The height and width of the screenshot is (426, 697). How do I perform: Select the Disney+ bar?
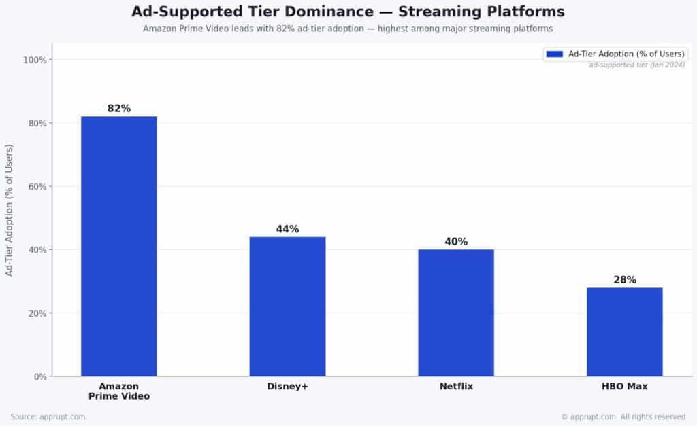pos(287,306)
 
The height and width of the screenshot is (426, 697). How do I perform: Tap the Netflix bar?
pos(456,313)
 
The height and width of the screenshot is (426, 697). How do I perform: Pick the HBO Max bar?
pos(624,332)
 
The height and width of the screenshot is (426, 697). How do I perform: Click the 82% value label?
pos(119,109)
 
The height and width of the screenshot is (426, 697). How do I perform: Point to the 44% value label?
pos(287,229)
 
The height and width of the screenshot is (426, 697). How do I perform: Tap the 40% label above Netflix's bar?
pos(456,242)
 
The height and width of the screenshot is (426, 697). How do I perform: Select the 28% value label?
pos(624,280)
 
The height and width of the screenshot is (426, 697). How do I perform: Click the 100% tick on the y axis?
pos(35,60)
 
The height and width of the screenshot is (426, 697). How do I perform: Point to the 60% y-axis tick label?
pos(37,187)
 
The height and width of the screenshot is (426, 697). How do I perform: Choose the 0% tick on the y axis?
pos(39,377)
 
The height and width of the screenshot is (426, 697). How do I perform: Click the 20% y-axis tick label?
pos(37,313)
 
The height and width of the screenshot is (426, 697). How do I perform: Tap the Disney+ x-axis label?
pos(287,387)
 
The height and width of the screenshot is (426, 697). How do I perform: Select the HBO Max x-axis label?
pos(624,387)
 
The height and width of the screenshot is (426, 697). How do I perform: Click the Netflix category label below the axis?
pos(456,387)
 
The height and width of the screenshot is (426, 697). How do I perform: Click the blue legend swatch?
pos(554,54)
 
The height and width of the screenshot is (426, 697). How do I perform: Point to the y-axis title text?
pos(10,209)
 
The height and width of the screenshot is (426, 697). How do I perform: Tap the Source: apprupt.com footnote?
pos(48,416)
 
